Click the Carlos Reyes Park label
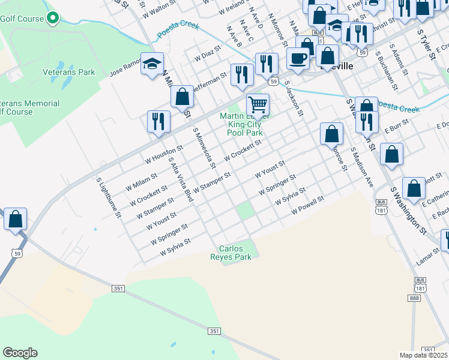point(235,252)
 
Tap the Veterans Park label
point(69,73)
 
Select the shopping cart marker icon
point(258,105)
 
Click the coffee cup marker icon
point(298,58)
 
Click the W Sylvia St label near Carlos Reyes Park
point(175,248)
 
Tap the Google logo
point(20,353)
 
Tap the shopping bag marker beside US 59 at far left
point(16,219)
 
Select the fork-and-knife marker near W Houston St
point(158,120)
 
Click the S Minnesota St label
point(203,148)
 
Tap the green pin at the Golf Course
point(53,18)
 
